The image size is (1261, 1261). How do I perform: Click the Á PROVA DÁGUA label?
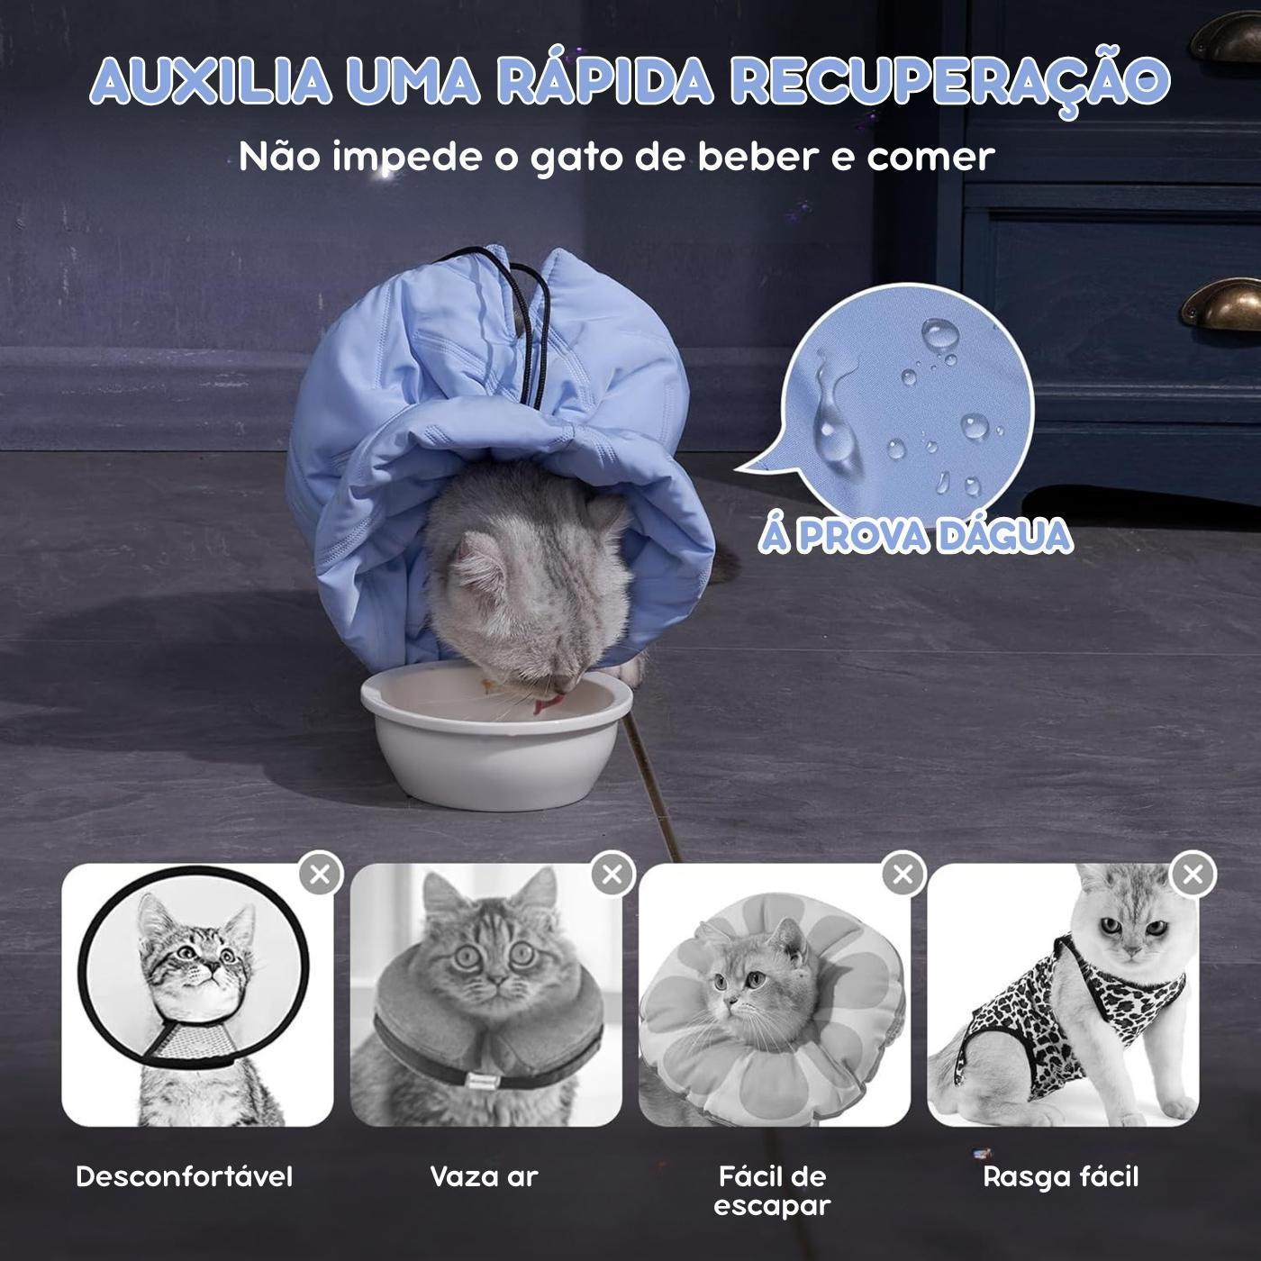[915, 536]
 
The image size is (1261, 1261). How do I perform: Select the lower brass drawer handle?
[1221, 304]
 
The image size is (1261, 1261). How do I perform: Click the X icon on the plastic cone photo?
[321, 874]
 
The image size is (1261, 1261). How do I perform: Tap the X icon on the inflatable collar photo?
[612, 874]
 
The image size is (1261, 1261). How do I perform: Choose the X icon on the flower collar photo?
[903, 874]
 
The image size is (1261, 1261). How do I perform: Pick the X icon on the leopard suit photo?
[1193, 874]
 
